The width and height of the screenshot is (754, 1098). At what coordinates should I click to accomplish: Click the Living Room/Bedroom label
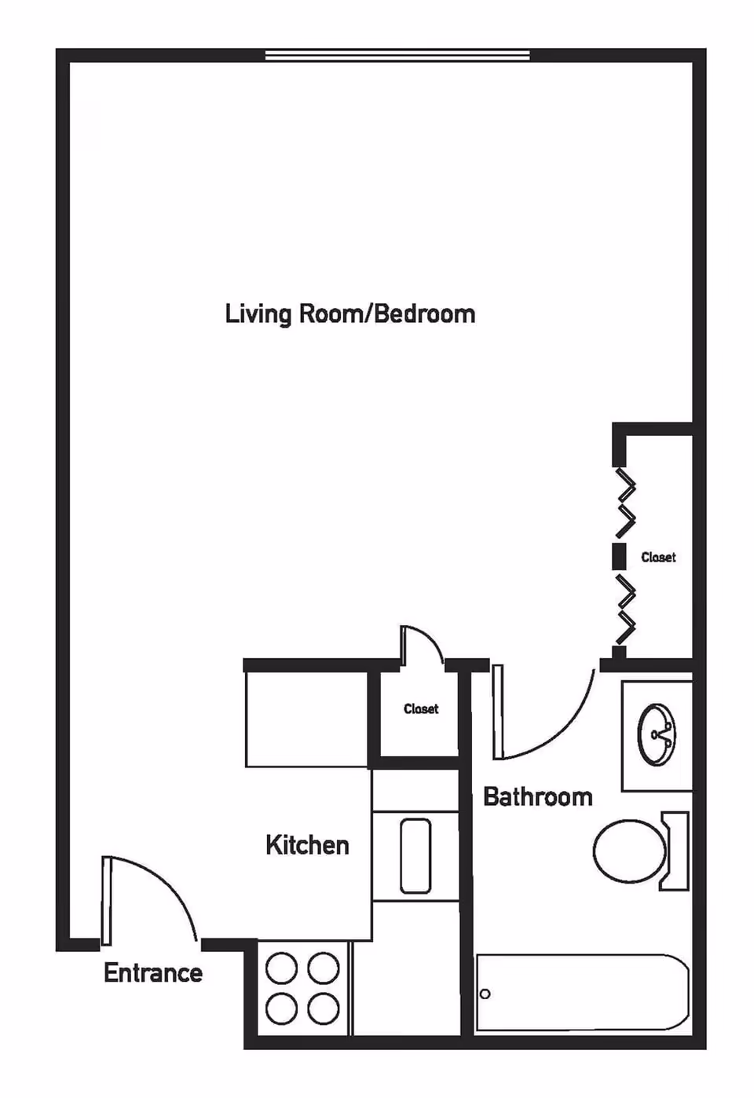click(350, 313)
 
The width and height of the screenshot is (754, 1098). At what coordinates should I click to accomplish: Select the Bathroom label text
click(538, 796)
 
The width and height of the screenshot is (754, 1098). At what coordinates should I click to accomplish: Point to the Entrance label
click(153, 973)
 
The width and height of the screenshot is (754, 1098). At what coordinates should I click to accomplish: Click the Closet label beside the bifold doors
click(658, 558)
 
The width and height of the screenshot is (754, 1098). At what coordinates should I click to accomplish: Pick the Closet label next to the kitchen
click(421, 708)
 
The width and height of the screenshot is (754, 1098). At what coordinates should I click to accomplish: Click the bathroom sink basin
click(657, 735)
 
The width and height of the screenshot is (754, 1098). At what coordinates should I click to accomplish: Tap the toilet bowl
click(629, 851)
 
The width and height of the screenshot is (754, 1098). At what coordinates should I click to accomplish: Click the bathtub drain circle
click(485, 994)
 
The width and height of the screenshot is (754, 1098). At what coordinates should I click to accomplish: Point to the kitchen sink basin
click(415, 856)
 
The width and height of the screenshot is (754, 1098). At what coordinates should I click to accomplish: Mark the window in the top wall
click(397, 56)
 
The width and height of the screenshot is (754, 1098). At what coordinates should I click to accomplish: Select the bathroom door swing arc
click(564, 730)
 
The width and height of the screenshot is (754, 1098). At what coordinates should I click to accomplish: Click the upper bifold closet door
click(626, 503)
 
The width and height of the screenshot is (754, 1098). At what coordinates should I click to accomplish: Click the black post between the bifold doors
click(619, 556)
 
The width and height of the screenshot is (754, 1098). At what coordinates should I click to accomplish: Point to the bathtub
click(583, 993)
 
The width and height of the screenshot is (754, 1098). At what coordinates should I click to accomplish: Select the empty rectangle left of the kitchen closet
click(306, 719)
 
